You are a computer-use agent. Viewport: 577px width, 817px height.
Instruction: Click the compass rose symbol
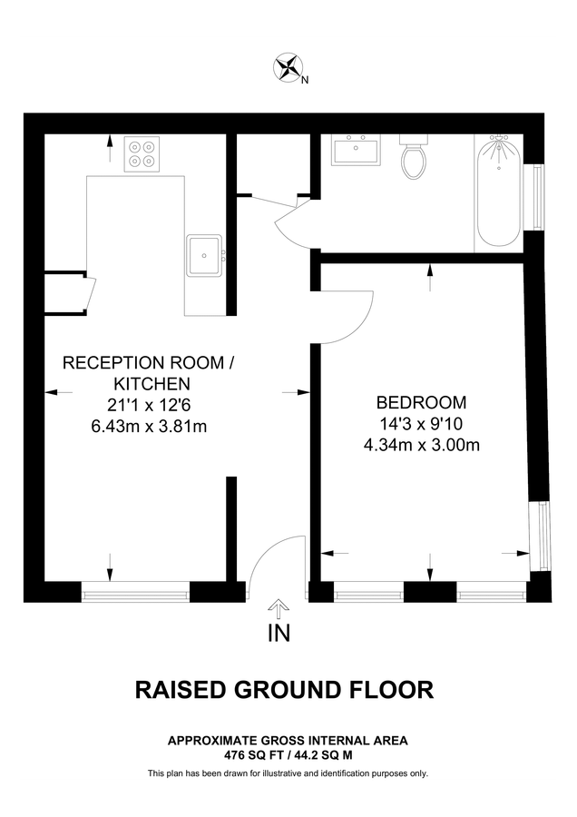pyautogui.click(x=288, y=67)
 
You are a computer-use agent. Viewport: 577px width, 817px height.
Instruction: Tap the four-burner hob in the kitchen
pyautogui.click(x=141, y=153)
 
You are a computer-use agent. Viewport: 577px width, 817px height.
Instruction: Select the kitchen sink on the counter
pyautogui.click(x=204, y=254)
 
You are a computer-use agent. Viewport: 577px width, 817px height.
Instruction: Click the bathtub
pyautogui.click(x=497, y=192)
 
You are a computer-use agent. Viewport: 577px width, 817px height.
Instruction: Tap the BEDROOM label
pyautogui.click(x=421, y=402)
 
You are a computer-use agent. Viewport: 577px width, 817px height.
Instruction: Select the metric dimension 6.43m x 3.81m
pyautogui.click(x=148, y=425)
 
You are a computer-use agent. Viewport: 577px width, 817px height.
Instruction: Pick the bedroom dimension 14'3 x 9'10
pyautogui.click(x=421, y=423)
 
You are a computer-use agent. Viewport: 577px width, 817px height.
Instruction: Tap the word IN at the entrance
pyautogui.click(x=279, y=634)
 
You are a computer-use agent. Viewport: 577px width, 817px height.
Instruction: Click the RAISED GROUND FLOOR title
pyautogui.click(x=285, y=690)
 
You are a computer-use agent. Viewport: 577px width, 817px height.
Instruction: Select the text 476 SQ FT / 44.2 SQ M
pyautogui.click(x=288, y=754)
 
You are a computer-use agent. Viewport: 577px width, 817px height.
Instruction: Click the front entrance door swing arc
pyautogui.click(x=272, y=563)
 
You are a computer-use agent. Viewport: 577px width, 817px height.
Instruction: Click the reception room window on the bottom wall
pyautogui.click(x=135, y=592)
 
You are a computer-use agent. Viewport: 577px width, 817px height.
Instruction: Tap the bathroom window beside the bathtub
pyautogui.click(x=541, y=196)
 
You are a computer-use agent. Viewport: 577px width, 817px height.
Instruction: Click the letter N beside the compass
pyautogui.click(x=305, y=80)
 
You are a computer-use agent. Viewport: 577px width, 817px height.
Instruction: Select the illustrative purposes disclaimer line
pyautogui.click(x=288, y=773)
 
